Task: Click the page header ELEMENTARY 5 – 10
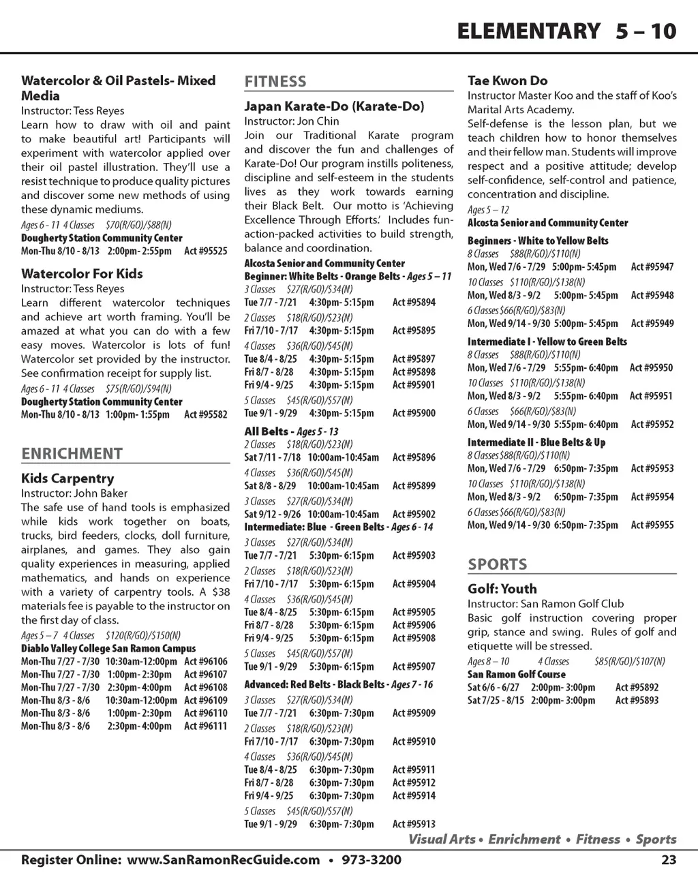pos(566,31)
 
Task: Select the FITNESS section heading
pos(275,82)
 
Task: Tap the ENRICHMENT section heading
pos(72,454)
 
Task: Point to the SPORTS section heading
pos(497,564)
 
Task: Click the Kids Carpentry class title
pos(67,478)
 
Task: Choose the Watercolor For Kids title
pos(82,274)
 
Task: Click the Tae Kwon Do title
pos(507,81)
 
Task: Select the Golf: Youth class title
pos(502,589)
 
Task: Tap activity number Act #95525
pos(206,251)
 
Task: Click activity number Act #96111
pos(206,726)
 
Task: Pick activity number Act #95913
pos(414,825)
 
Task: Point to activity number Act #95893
pos(637,701)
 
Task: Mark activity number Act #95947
pos(652,267)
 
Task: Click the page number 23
pos(669,860)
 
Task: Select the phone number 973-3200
pos(370,860)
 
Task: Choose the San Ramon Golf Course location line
pos(517,675)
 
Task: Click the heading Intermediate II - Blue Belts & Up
pos(536,442)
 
